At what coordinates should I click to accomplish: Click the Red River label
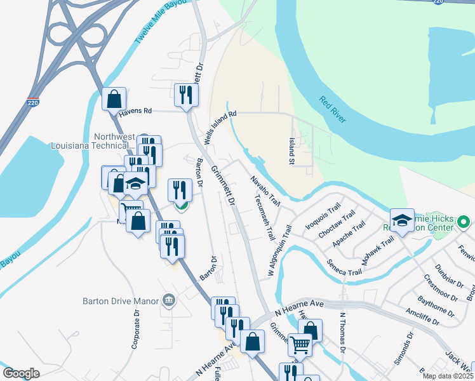pyautogui.click(x=333, y=109)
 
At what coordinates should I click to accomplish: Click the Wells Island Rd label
pyautogui.click(x=220, y=126)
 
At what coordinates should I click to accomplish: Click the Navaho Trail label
pyautogui.click(x=265, y=190)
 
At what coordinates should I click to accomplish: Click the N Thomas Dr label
pyautogui.click(x=342, y=331)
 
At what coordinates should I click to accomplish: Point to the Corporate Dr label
pyautogui.click(x=135, y=330)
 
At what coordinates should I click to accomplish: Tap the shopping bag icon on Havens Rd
pyautogui.click(x=114, y=100)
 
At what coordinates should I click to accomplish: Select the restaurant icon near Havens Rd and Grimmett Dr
pyautogui.click(x=186, y=95)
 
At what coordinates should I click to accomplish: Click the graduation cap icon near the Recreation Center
pyautogui.click(x=402, y=220)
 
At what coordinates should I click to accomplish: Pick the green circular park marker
pyautogui.click(x=463, y=222)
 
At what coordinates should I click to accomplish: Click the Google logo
pyautogui.click(x=21, y=373)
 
